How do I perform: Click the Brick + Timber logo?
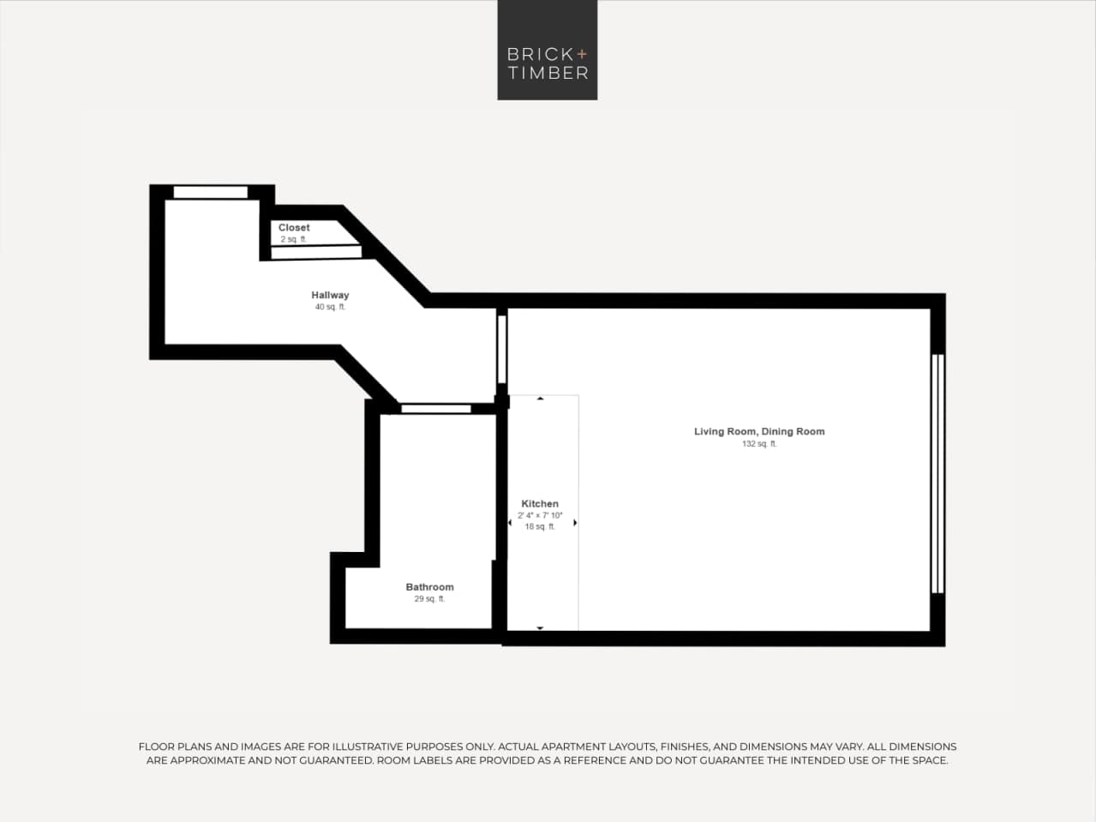point(547,51)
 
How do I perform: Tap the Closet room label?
point(294,227)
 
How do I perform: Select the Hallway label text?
point(330,295)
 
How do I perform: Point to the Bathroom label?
point(429,587)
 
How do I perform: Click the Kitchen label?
point(540,504)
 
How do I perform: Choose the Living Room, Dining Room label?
point(759,431)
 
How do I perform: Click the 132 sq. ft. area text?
point(759,444)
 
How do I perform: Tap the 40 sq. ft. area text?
point(330,307)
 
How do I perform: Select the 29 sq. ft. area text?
point(429,599)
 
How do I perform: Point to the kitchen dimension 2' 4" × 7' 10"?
point(540,516)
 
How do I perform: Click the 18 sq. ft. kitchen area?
point(540,527)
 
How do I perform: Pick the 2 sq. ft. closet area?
point(293,239)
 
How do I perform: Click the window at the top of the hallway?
point(211,192)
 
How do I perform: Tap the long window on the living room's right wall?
point(937,473)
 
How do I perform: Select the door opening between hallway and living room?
point(502,349)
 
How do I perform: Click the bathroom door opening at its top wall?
point(436,409)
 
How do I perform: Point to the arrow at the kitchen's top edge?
point(540,399)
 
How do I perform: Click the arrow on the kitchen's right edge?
point(575,522)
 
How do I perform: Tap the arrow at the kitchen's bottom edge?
point(540,628)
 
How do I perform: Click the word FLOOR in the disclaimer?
point(157,747)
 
